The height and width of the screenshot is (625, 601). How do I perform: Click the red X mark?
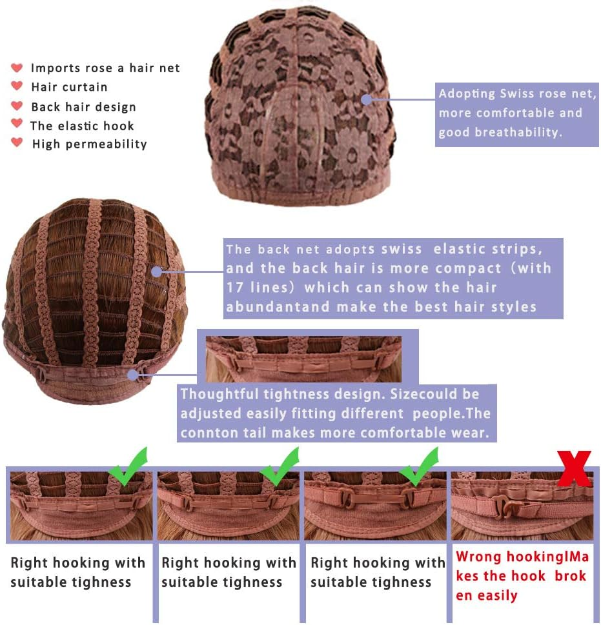[574, 468]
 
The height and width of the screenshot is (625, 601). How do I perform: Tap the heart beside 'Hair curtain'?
[17, 85]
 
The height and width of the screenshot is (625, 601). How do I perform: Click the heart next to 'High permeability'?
[17, 142]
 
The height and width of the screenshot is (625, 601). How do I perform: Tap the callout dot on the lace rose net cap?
[367, 99]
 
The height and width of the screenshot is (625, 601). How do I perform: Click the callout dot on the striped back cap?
[157, 272]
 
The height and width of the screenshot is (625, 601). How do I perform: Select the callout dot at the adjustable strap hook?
[133, 375]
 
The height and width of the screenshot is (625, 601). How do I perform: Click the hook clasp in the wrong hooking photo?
[504, 506]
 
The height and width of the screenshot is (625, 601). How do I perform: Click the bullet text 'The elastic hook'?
[82, 126]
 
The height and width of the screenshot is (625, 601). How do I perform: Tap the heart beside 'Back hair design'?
[17, 106]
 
